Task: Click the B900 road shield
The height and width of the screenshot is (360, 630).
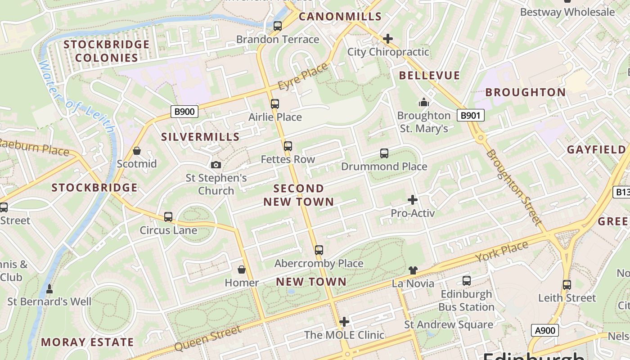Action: [184, 112]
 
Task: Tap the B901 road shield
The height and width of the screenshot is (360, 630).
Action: [471, 116]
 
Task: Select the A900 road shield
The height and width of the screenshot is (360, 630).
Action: [544, 331]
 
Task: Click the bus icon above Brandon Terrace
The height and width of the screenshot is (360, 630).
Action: [278, 26]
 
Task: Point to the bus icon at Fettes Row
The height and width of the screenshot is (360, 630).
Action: [288, 146]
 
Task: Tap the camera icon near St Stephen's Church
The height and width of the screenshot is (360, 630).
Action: [216, 165]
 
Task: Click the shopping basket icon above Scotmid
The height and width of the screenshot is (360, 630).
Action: [137, 151]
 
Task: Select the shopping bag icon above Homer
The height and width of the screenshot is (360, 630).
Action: [242, 270]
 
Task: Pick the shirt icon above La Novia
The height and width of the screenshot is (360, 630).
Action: [413, 270]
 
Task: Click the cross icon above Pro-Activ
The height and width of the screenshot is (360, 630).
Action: [413, 199]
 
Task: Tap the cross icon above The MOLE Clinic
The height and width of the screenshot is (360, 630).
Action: [344, 321]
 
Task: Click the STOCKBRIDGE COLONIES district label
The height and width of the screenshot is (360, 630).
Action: [106, 51]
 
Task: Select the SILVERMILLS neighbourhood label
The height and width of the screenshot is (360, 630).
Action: [200, 137]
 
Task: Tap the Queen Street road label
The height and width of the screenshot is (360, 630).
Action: [207, 339]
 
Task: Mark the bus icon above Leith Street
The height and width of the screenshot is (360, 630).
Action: [567, 284]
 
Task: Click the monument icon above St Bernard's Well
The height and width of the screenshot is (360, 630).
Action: [49, 288]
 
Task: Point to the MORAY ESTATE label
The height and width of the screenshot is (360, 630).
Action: [87, 342]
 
